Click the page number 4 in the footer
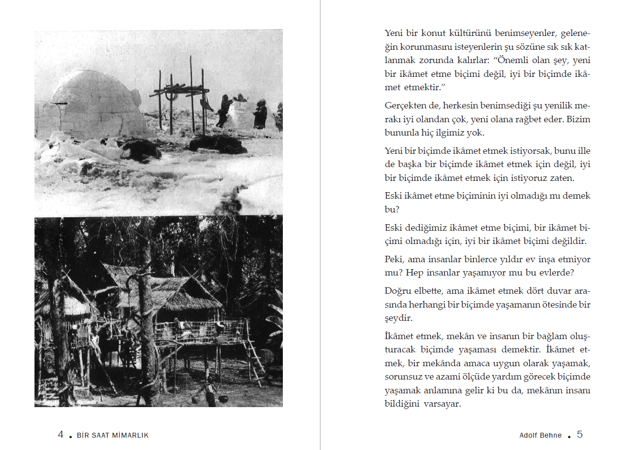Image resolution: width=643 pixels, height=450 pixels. tap(61, 435)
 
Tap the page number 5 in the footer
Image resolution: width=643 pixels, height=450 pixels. tap(580, 435)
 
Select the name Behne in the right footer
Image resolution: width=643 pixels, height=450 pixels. tap(551, 435)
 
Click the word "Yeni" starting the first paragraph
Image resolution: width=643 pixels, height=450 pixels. tap(394, 34)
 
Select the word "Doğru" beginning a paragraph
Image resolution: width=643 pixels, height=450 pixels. tap(397, 291)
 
